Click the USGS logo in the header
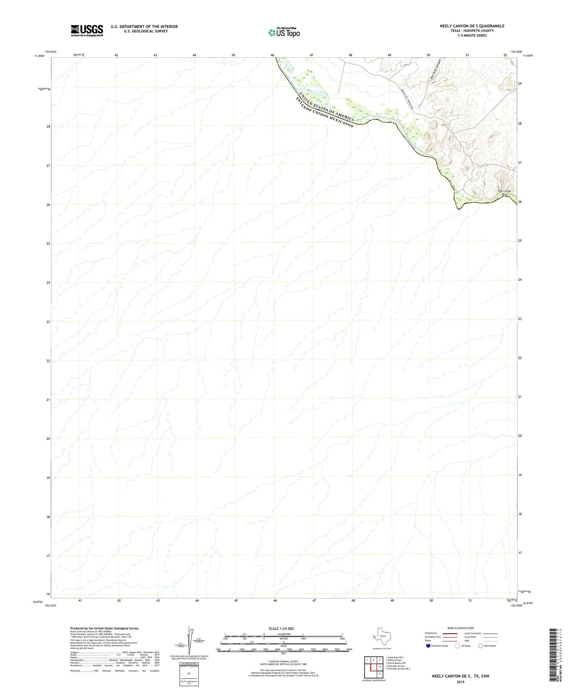pyautogui.click(x=87, y=30)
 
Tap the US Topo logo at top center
pyautogui.click(x=284, y=32)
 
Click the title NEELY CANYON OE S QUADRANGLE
pyautogui.click(x=472, y=26)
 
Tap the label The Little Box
pyautogui.click(x=504, y=192)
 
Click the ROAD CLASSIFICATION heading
pyautogui.click(x=460, y=628)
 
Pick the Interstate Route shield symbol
pyautogui.click(x=428, y=646)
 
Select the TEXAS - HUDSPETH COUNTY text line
pyautogui.click(x=472, y=31)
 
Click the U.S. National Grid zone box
pyautogui.click(x=188, y=673)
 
